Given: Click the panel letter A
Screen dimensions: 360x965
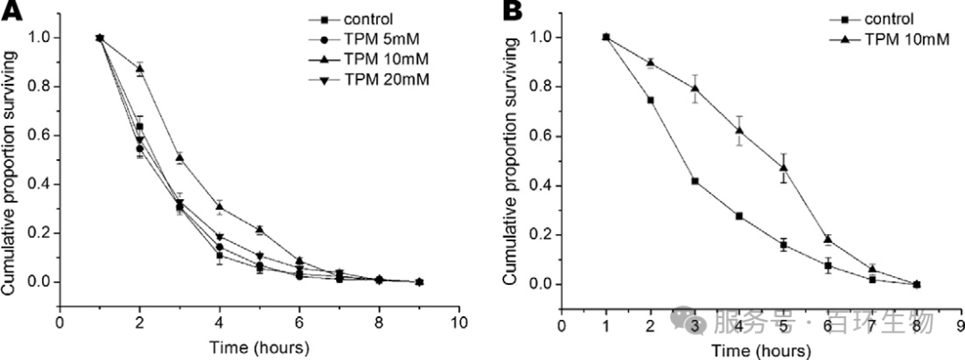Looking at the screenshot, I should (12, 12).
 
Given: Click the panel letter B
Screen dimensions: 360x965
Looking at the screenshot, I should (514, 12).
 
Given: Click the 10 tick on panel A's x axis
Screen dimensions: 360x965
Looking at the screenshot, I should (459, 322).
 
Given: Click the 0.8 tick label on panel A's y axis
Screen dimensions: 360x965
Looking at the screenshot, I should (41, 87).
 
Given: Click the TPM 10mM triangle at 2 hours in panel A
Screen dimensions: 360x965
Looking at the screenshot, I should (139, 69).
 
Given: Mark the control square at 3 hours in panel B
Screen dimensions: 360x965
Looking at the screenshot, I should (694, 180).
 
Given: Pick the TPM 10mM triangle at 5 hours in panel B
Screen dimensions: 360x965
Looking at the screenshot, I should (784, 167).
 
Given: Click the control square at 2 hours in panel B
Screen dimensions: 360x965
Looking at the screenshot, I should (650, 100).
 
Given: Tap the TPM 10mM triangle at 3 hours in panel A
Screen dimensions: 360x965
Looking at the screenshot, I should (180, 158).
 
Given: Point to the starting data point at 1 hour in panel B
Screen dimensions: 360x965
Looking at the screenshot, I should (606, 38).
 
